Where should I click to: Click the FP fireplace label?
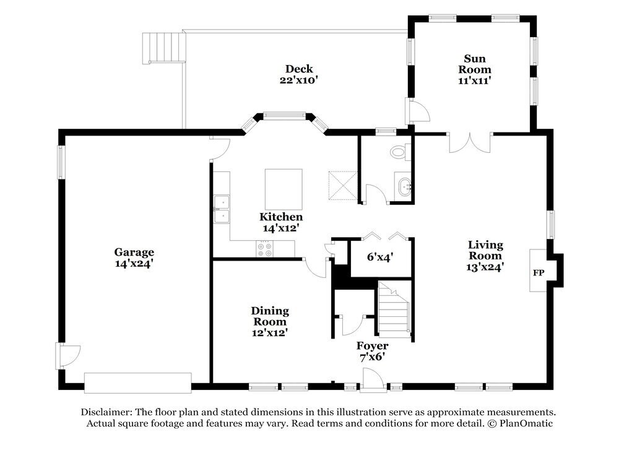click(539, 273)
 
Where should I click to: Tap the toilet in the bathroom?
click(400, 152)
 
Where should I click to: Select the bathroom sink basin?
click(404, 187)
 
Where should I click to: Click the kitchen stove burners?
click(264, 249)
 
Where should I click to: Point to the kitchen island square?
click(284, 189)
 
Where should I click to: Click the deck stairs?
click(164, 48)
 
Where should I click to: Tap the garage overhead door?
click(138, 383)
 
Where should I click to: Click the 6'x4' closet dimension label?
click(380, 257)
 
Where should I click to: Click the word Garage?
click(134, 253)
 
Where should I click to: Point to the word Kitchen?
click(281, 216)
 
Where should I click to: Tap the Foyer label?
click(372, 346)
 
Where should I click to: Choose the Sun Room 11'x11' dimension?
click(475, 80)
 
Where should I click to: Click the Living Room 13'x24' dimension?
click(485, 267)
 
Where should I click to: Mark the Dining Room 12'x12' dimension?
click(270, 333)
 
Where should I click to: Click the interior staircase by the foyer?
click(394, 308)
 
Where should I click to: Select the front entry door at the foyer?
click(373, 381)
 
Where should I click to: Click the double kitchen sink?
click(222, 209)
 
